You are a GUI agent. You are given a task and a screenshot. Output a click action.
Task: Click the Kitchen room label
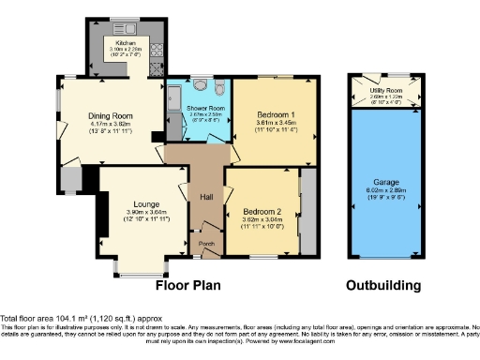(127, 42)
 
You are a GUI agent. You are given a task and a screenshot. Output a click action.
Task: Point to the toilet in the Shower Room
(217, 89)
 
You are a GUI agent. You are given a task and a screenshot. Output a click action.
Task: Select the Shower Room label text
(202, 109)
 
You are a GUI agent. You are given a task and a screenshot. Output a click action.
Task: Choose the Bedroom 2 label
(262, 210)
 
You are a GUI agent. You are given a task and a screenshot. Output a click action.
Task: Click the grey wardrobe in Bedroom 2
(307, 211)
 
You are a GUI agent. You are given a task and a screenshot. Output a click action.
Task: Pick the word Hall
(206, 197)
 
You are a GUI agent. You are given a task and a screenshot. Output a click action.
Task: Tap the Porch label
(205, 244)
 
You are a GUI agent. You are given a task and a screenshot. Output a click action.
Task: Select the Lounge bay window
(141, 271)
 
